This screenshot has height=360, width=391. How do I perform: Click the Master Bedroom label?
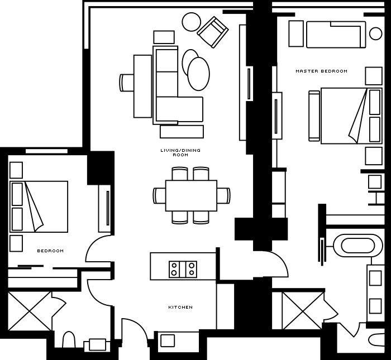pos(321,71)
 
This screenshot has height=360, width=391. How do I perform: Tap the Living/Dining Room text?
pos(180,152)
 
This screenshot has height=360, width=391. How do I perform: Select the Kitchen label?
pos(180,307)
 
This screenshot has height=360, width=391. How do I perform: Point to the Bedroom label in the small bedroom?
pos(50,251)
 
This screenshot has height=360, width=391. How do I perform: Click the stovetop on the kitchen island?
pos(183,270)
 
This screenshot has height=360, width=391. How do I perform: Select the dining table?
pos(191,195)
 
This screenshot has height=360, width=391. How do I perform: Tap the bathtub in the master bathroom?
pos(357,246)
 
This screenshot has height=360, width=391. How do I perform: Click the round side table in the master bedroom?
pos(375,33)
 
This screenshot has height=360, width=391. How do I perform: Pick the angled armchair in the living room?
pos(213,32)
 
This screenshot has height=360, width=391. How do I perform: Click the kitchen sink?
pos(168,340)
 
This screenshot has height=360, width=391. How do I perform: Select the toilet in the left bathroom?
pos(69,339)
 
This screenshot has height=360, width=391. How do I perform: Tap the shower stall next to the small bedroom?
pos(30,311)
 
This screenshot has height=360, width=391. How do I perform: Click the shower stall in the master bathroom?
pos(303,311)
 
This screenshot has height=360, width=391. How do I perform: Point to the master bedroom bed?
pos(351,116)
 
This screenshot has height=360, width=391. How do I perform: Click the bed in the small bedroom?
pos(39,207)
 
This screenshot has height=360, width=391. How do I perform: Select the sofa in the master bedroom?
pos(336,35)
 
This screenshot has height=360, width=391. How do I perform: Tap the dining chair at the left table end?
pos(159,195)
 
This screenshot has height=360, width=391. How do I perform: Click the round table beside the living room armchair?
pos(191,22)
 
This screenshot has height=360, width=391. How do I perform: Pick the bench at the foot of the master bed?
pos(314,116)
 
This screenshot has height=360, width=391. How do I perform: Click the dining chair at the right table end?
pos(223,195)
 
